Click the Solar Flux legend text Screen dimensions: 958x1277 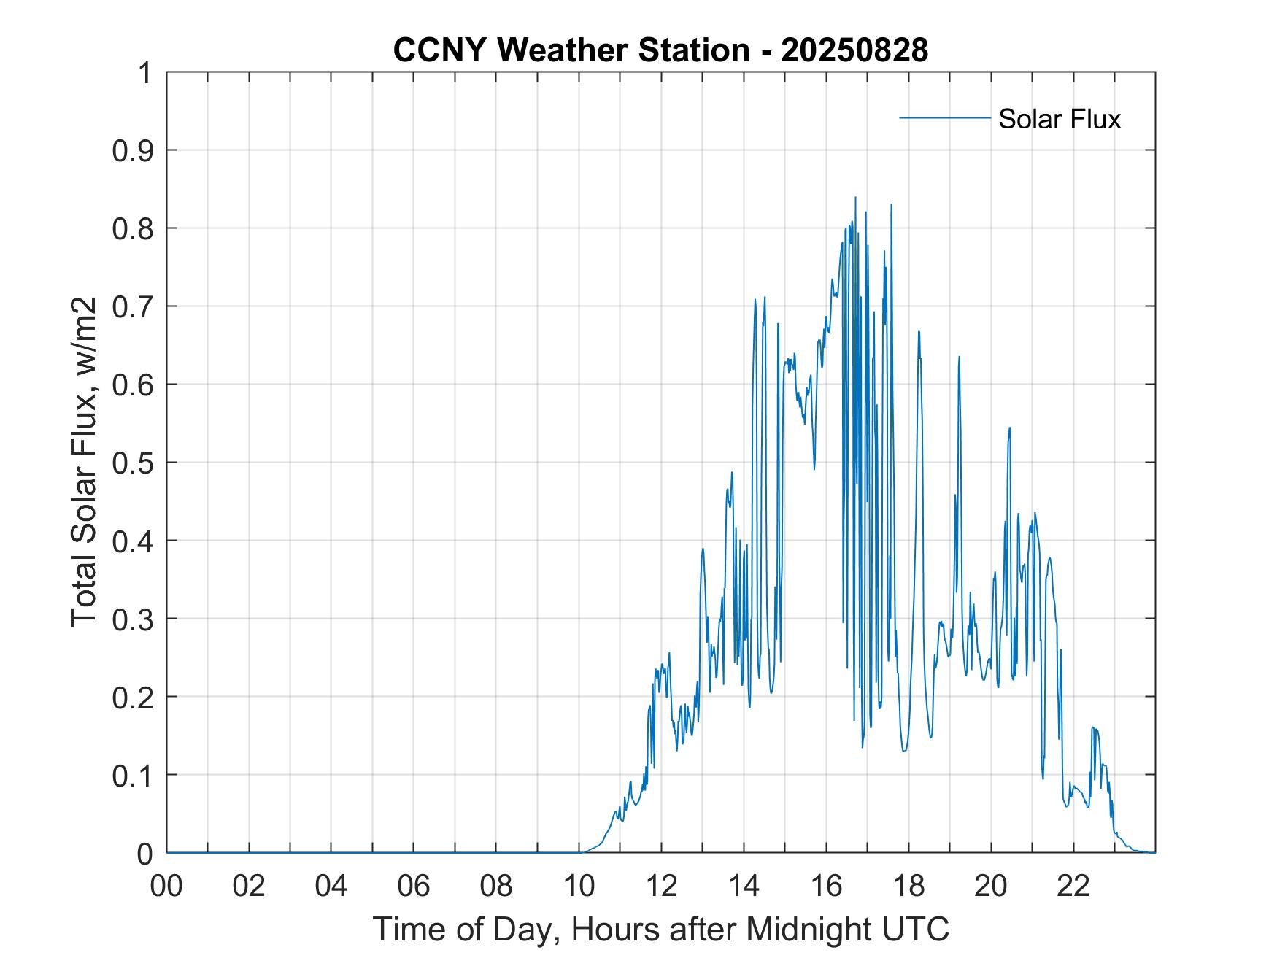[1059, 119]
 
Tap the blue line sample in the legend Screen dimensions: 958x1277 [944, 117]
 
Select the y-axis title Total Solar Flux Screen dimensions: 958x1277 [84, 462]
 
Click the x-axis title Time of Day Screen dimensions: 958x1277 [660, 930]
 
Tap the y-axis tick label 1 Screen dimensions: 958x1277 [145, 73]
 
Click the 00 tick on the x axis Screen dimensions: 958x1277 [167, 886]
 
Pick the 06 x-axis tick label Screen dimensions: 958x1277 [414, 886]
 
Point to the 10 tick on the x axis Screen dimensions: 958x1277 [579, 886]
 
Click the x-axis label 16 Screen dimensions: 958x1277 [826, 886]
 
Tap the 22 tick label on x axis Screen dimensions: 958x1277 [1073, 886]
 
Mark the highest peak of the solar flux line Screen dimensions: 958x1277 [855, 198]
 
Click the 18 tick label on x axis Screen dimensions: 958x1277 [908, 886]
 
